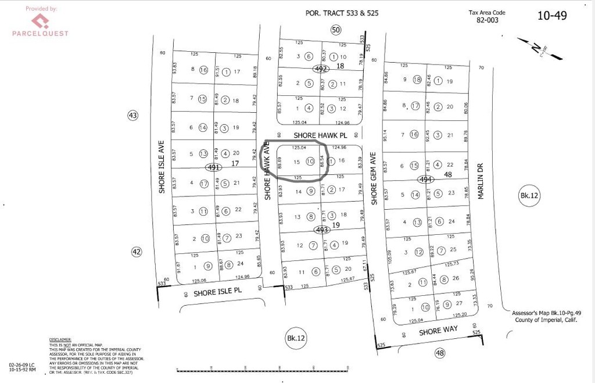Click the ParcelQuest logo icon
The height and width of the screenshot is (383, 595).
pos(40,22)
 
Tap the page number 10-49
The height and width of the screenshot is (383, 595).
pos(551,16)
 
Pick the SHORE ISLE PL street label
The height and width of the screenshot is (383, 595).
pos(217,292)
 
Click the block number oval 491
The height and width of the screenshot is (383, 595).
pos(214,167)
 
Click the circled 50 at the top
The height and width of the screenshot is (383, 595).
pos(335,30)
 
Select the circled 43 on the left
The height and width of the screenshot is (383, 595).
pos(133,116)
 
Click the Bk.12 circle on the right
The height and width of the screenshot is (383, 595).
pos(529,196)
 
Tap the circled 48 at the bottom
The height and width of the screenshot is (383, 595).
pos(439,352)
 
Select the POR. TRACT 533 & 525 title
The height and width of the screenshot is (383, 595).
pos(342,13)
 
